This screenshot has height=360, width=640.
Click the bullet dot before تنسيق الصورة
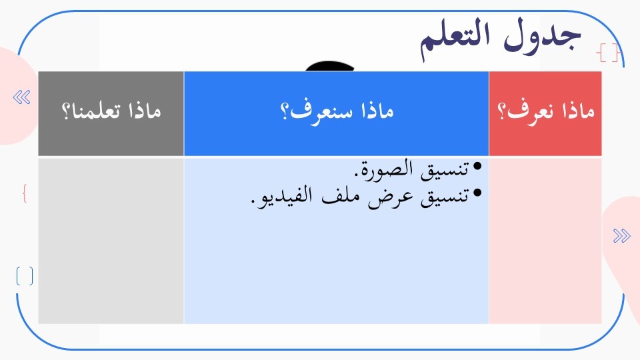(477, 166)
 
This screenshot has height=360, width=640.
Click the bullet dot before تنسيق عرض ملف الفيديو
(477, 192)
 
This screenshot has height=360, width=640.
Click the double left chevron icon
(21, 97)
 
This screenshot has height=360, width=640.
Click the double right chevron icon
(621, 235)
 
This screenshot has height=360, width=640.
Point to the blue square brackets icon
(25, 276)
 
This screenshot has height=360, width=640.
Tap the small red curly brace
(25, 193)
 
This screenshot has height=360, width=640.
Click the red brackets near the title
(608, 53)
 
